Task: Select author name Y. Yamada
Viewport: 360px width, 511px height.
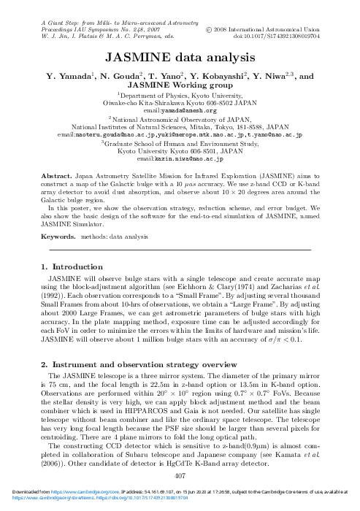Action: click(x=69, y=75)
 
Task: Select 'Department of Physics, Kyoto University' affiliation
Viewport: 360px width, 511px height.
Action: click(x=180, y=95)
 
